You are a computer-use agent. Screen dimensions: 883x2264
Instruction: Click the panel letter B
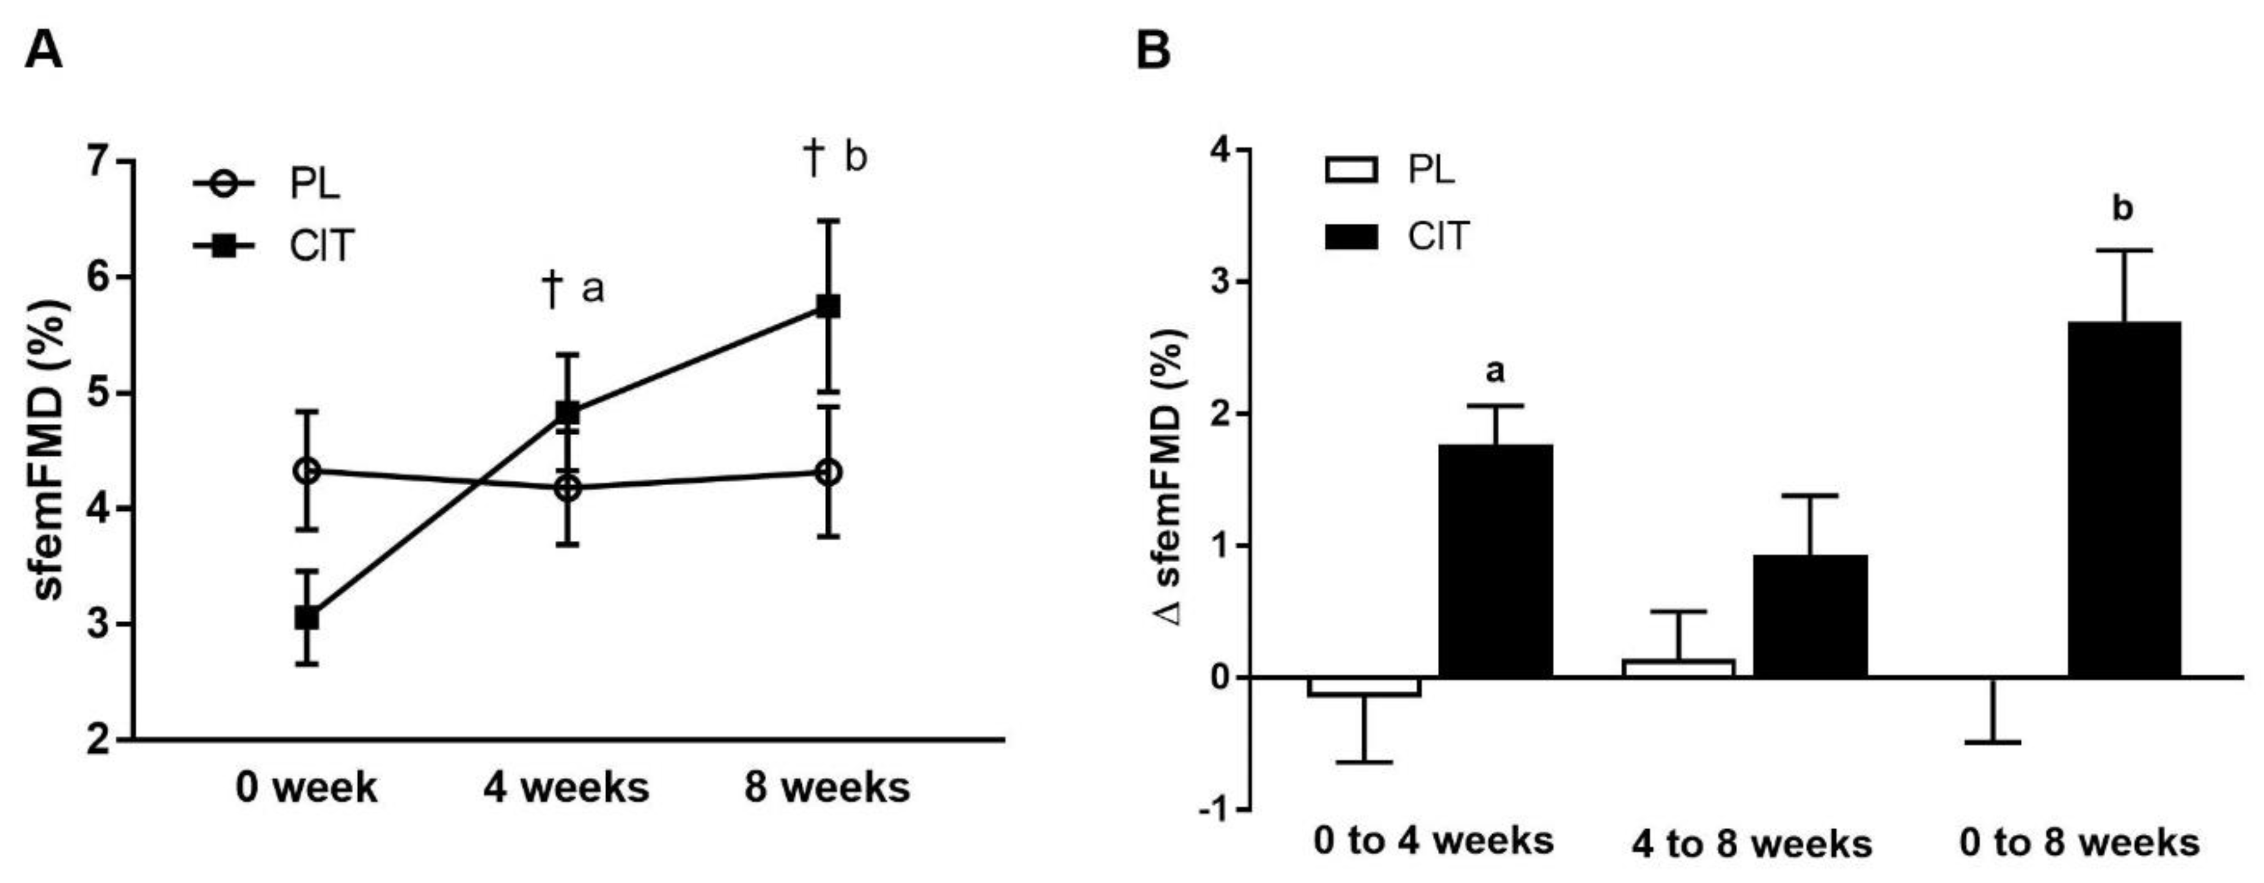coord(1154,51)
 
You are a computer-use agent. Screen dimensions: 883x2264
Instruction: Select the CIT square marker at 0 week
coord(307,618)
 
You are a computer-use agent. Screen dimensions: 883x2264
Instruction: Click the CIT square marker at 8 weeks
coord(828,307)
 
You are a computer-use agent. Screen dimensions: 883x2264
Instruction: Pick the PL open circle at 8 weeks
coord(828,473)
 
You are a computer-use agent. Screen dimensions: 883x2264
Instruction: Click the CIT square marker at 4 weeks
coord(568,412)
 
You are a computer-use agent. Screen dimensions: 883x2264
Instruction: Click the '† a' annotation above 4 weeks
coord(574,289)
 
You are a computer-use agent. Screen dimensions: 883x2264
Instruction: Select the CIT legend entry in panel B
coord(1398,236)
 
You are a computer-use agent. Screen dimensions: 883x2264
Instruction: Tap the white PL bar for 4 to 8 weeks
coord(1678,668)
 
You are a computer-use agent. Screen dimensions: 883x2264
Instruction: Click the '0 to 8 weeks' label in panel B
coord(2079,843)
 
